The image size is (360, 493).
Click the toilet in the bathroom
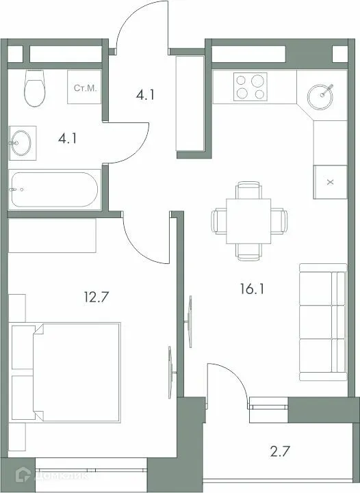pyautogui.click(x=32, y=89)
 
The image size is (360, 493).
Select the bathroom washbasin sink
pyautogui.click(x=21, y=143)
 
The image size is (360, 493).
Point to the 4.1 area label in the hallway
pyautogui.click(x=144, y=95)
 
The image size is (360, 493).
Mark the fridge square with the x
pyautogui.click(x=330, y=182)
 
